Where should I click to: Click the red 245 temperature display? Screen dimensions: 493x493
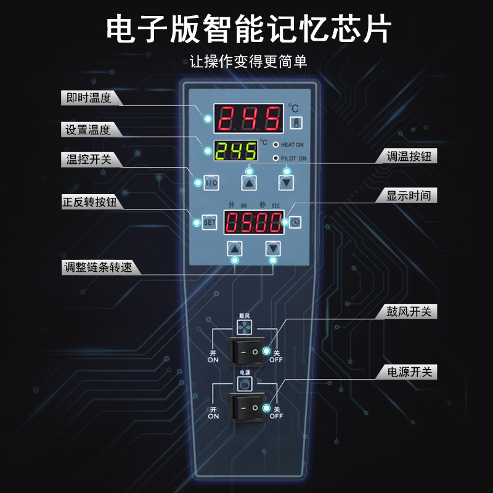(x=248, y=118)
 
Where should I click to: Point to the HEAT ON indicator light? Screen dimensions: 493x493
(x=276, y=144)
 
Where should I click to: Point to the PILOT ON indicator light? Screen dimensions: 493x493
(x=276, y=158)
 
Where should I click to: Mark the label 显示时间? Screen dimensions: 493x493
(x=407, y=197)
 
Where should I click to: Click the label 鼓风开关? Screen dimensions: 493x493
(x=407, y=312)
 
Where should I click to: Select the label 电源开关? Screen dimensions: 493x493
(x=407, y=372)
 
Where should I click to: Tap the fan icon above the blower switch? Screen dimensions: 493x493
(x=244, y=327)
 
